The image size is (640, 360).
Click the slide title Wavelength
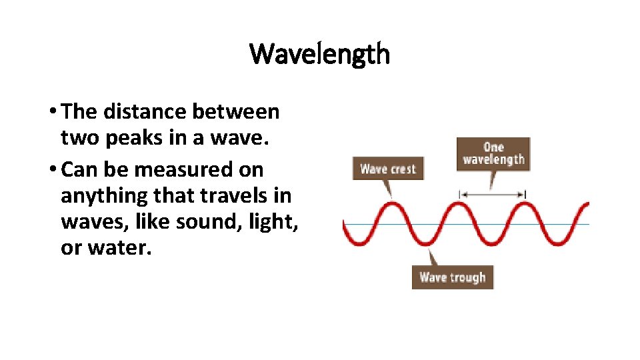[320, 54]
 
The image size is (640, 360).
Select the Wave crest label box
[387, 168]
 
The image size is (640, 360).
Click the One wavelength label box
[493, 153]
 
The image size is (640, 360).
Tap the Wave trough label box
[452, 277]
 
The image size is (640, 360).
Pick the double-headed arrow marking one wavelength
[493, 194]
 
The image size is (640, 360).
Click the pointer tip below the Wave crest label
[391, 195]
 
